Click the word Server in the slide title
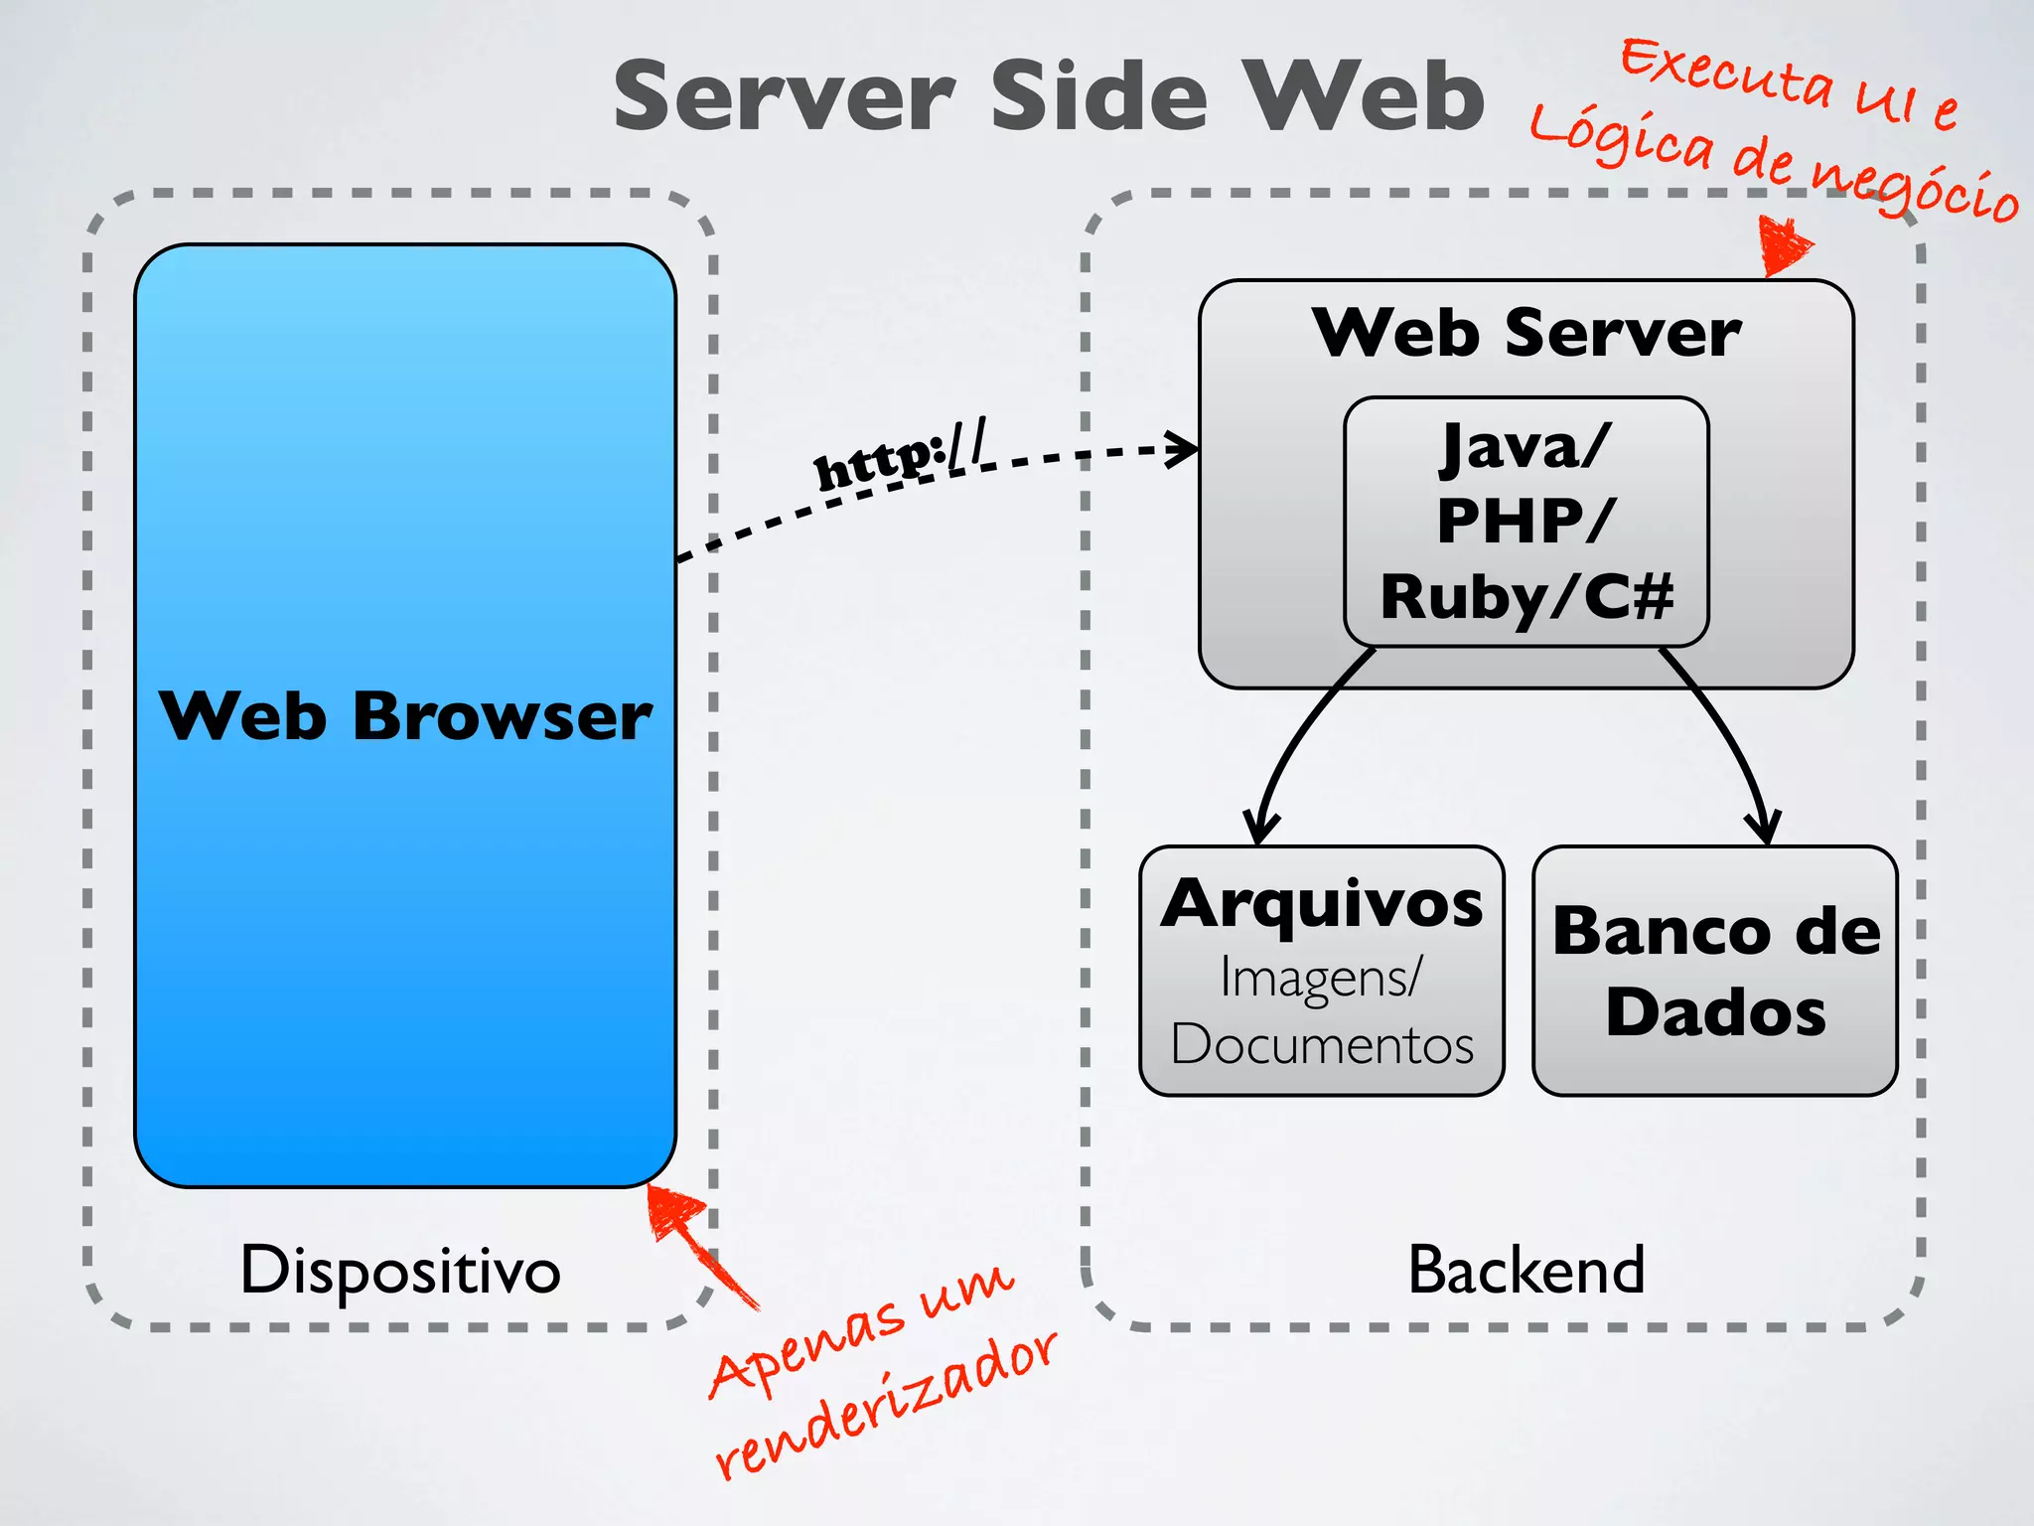tap(785, 96)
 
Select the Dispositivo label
tap(400, 1270)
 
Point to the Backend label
tap(1526, 1270)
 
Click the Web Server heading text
tap(1526, 333)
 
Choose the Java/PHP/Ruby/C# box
tap(1526, 522)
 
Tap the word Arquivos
tap(1322, 904)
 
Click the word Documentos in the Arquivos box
tap(1322, 1045)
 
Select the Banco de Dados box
tap(1715, 971)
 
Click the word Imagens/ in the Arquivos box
tap(1322, 977)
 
